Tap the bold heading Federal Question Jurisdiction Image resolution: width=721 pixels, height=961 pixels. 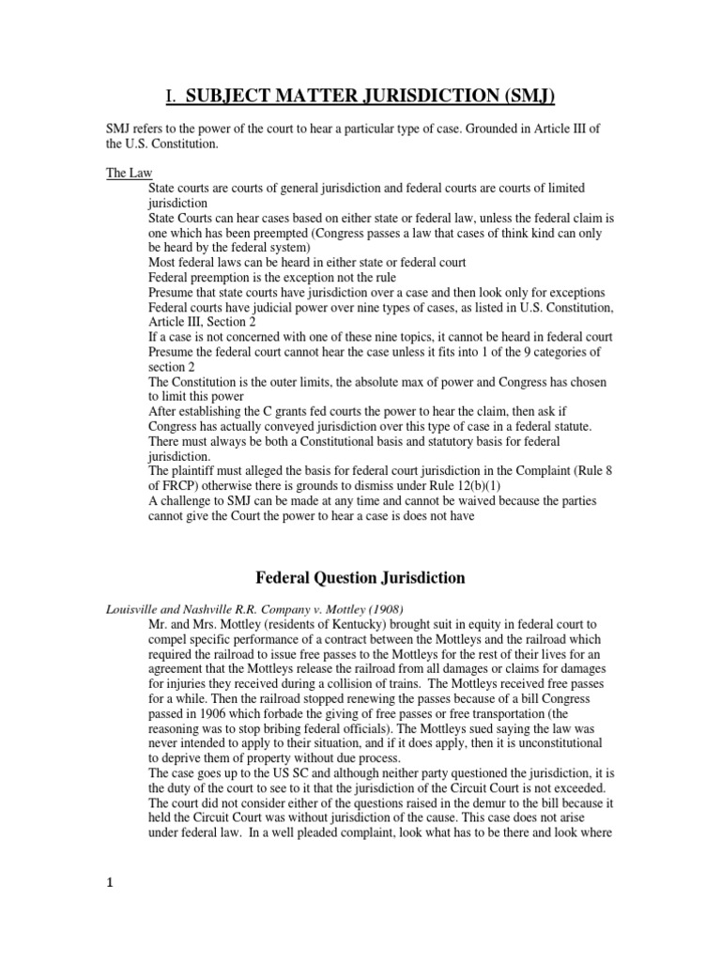360,577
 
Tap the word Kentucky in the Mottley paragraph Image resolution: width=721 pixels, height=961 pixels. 334,623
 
